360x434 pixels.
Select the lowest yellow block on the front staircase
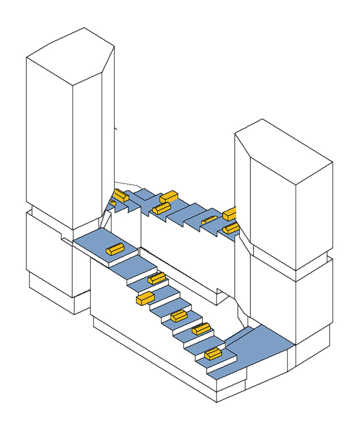tap(213, 353)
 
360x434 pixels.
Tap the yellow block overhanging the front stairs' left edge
tap(145, 298)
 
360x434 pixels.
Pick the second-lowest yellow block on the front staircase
tap(201, 329)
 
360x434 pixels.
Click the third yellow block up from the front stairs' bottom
tap(178, 316)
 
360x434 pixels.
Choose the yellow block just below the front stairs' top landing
tap(157, 278)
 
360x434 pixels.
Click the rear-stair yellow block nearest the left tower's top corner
tap(121, 196)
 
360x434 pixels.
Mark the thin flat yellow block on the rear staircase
tap(210, 220)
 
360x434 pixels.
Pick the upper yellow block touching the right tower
tap(230, 213)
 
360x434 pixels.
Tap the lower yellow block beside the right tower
tap(231, 228)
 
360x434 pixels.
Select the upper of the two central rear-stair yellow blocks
tap(168, 196)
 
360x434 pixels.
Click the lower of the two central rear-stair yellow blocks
tap(161, 208)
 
